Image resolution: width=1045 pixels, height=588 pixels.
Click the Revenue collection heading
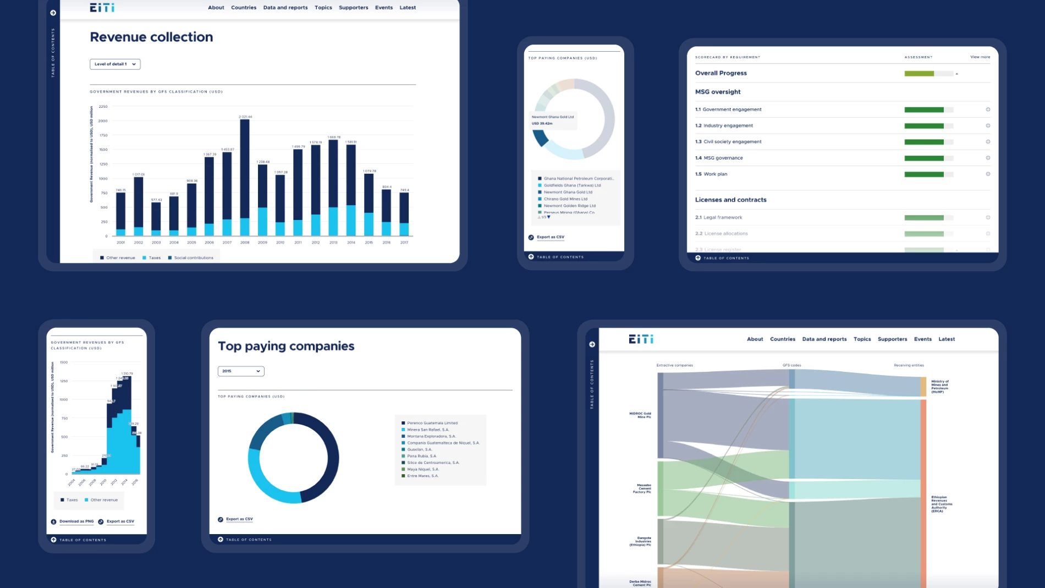click(151, 37)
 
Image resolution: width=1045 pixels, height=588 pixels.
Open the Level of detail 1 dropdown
click(115, 64)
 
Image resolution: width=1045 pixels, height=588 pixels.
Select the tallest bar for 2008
click(245, 171)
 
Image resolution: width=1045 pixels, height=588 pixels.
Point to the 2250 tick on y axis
click(103, 107)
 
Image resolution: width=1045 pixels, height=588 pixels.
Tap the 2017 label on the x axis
click(404, 243)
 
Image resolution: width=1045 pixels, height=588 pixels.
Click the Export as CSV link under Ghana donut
click(550, 237)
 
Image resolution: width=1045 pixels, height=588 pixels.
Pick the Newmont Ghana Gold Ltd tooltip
click(553, 120)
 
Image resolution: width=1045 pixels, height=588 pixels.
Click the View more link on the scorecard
click(980, 57)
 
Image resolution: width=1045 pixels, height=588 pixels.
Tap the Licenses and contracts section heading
click(730, 200)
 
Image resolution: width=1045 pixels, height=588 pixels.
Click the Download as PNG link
click(76, 521)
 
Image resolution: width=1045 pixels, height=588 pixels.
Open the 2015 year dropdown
click(241, 371)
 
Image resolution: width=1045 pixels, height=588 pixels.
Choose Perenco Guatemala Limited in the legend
click(432, 423)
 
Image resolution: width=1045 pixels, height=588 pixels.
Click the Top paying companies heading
click(286, 346)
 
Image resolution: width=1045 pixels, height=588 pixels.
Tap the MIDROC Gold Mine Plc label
click(640, 415)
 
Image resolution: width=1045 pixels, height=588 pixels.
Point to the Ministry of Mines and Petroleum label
click(939, 386)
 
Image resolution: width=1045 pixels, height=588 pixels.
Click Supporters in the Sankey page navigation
click(892, 339)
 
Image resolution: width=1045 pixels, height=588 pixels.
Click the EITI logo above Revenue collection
click(102, 8)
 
